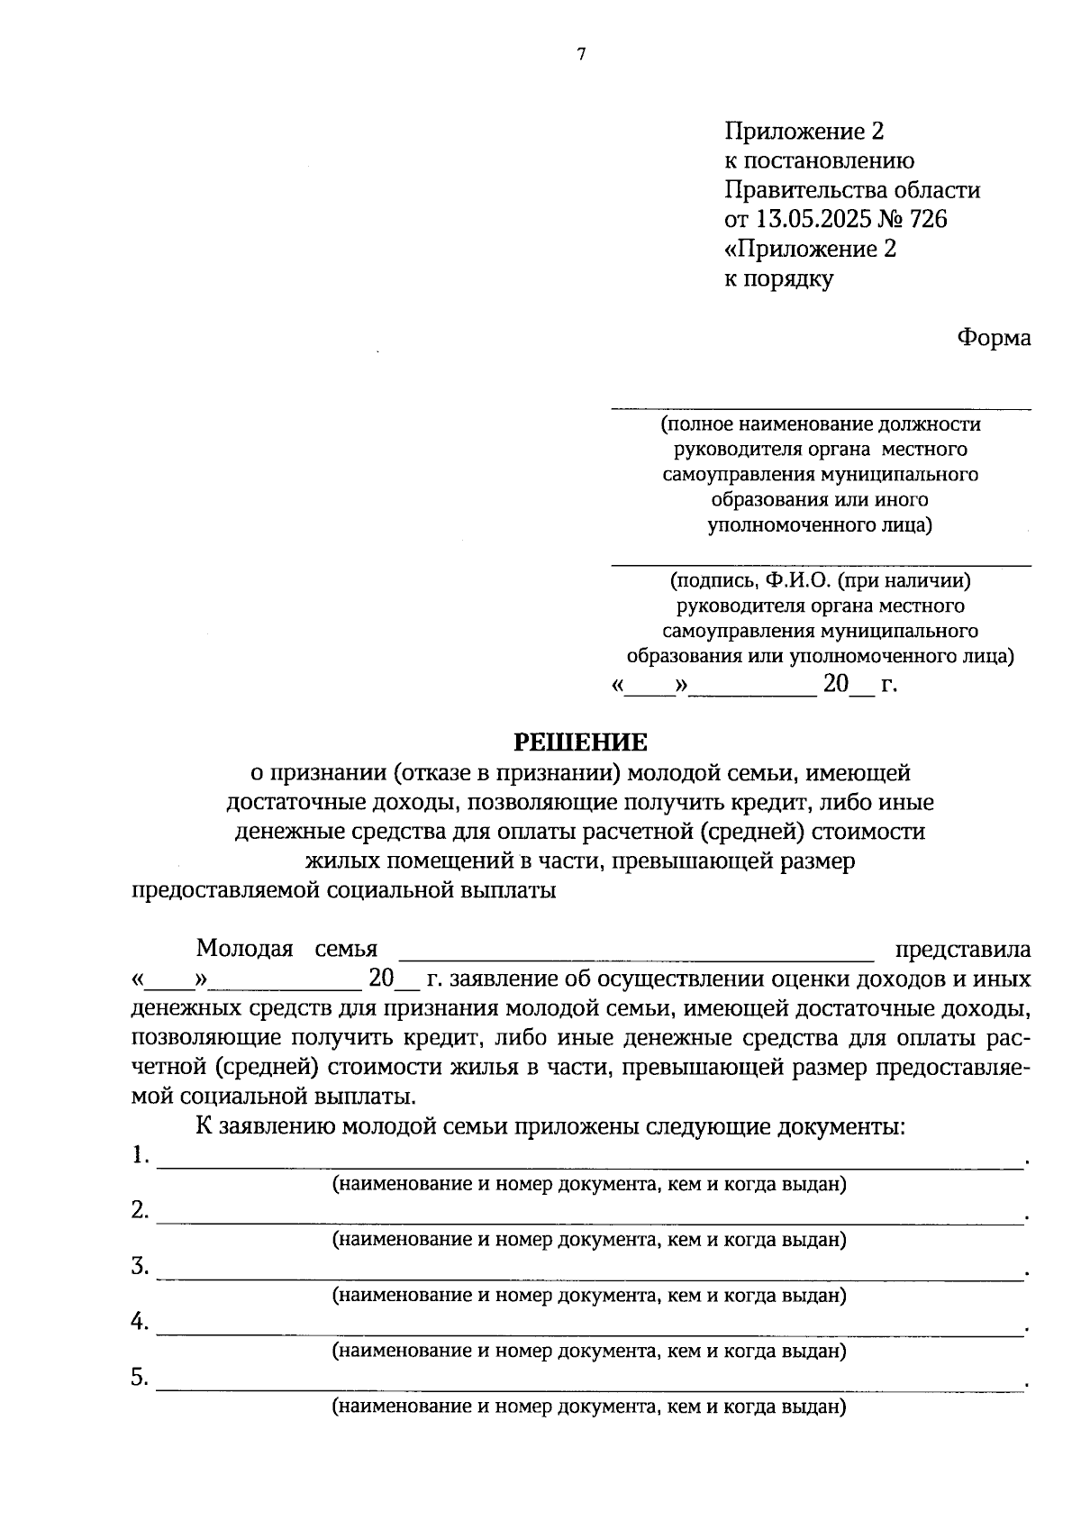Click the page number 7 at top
[x=581, y=55]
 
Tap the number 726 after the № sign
[x=928, y=219]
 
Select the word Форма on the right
[x=993, y=338]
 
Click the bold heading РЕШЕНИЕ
[x=580, y=742]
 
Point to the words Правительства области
[x=852, y=190]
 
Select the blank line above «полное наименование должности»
[x=821, y=407]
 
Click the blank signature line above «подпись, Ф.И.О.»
[x=821, y=564]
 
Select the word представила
[x=962, y=950]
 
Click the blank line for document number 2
[x=590, y=1222]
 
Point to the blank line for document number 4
[x=590, y=1334]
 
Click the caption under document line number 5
[x=589, y=1407]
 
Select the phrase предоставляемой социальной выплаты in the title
[x=343, y=890]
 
